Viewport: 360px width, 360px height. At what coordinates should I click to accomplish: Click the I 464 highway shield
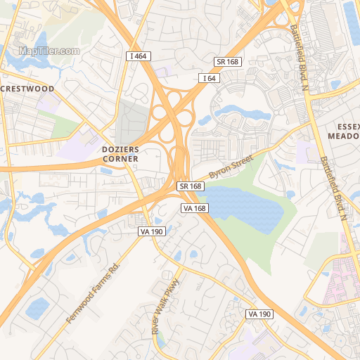point(139,56)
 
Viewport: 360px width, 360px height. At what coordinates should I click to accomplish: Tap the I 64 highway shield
point(209,78)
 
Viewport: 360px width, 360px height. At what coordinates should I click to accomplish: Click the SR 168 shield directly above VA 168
point(191,186)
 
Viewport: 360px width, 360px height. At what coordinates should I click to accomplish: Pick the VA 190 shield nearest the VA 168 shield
point(151,231)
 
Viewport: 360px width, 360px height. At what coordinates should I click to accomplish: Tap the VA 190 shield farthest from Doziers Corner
point(259,314)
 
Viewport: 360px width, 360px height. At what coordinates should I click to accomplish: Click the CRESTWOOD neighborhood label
point(27,89)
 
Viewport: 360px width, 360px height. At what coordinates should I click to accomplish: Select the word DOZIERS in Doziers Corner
point(120,150)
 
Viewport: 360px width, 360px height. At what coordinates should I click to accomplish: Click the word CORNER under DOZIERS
point(120,159)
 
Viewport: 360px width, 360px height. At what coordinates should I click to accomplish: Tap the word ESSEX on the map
point(343,126)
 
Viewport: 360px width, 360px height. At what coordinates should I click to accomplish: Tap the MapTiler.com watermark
point(49,51)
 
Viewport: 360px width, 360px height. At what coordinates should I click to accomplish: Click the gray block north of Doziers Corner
point(132,123)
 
